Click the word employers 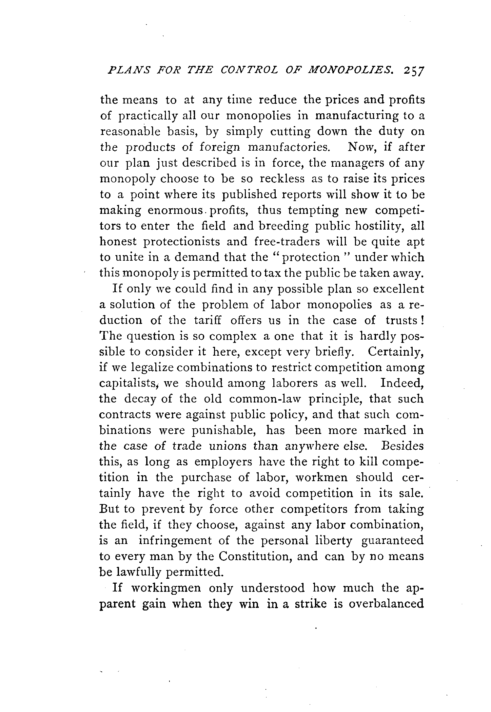click(223, 462)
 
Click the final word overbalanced click(386, 604)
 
